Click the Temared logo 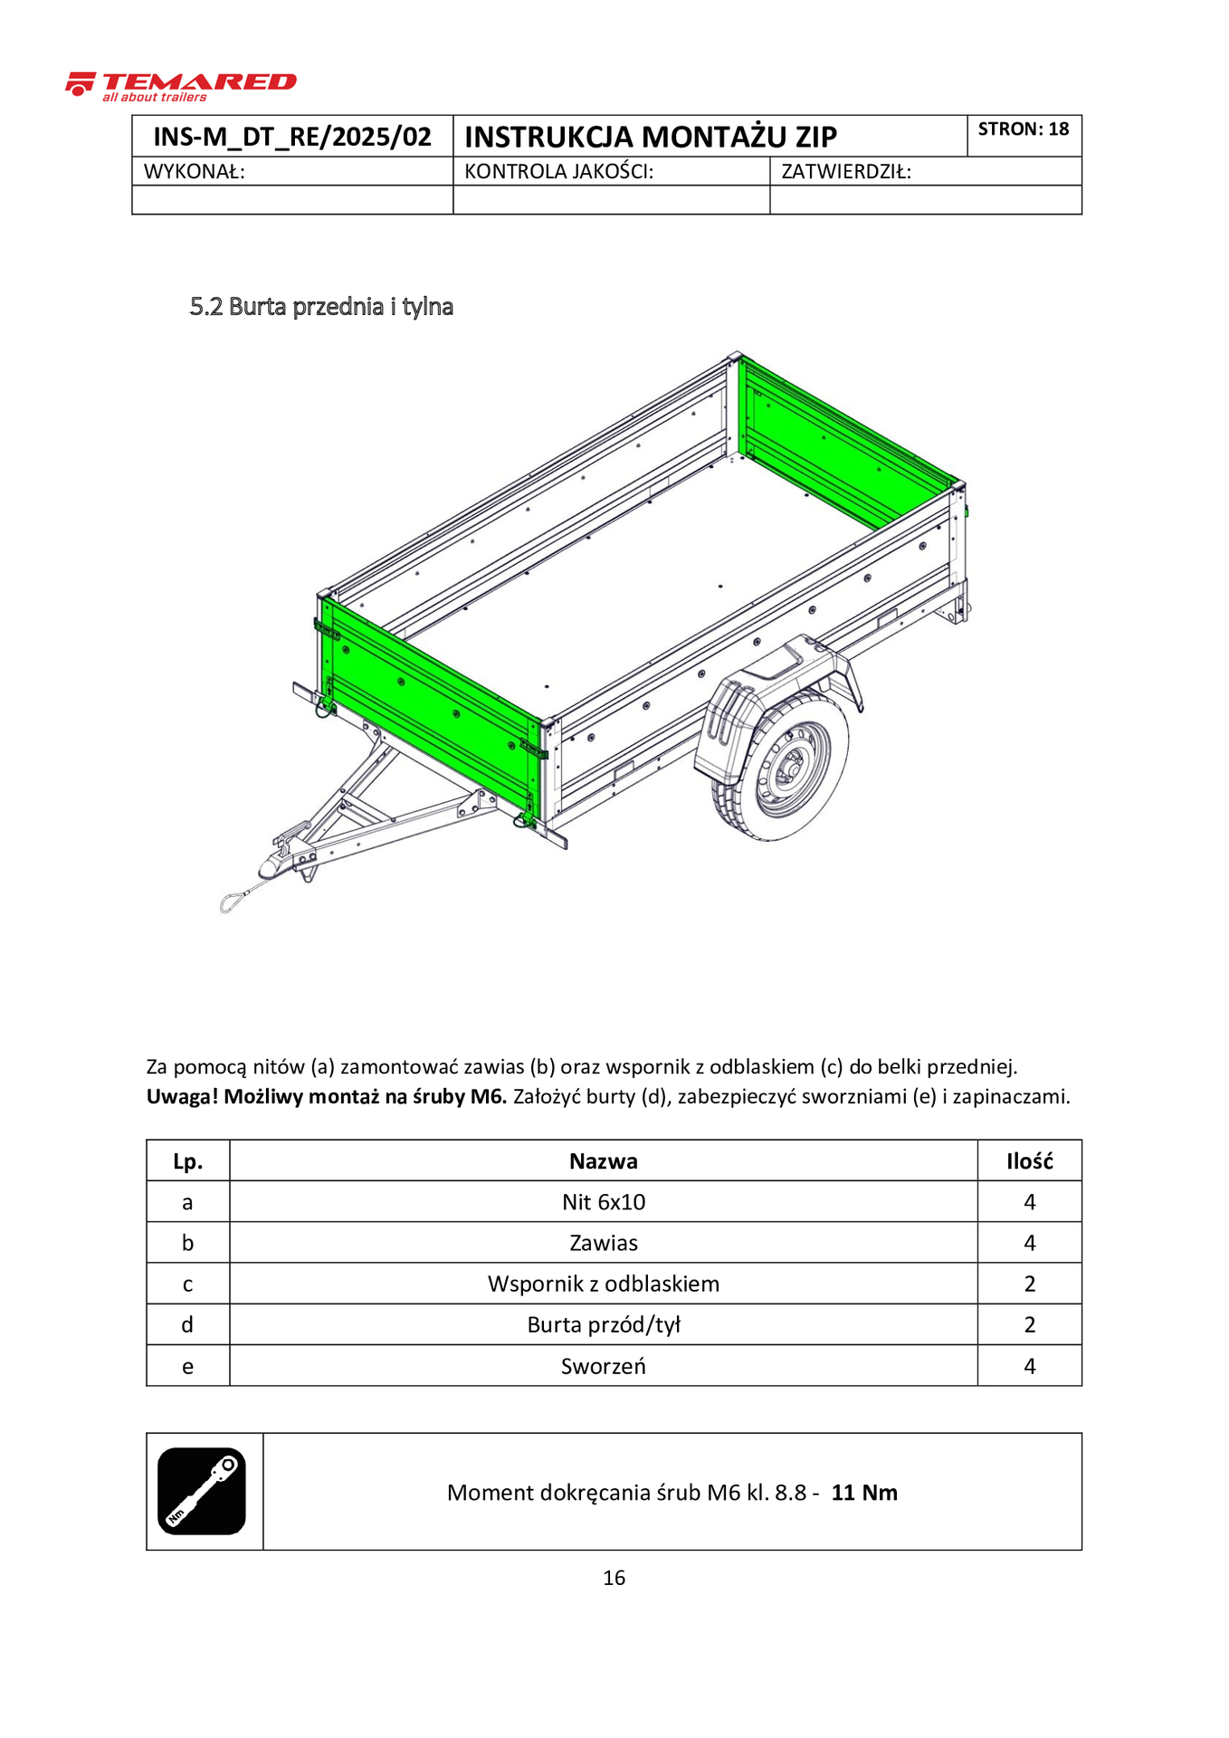pyautogui.click(x=181, y=85)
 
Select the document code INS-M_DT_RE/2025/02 pyautogui.click(x=292, y=137)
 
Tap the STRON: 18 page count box pyautogui.click(x=1024, y=129)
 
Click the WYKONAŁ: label pyautogui.click(x=195, y=172)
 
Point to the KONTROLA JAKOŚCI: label pyautogui.click(x=558, y=172)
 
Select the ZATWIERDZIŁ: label pyautogui.click(x=846, y=172)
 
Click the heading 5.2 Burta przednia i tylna pyautogui.click(x=321, y=307)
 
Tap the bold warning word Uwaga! pyautogui.click(x=182, y=1097)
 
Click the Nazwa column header pyautogui.click(x=604, y=1161)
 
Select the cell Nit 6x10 pyautogui.click(x=604, y=1202)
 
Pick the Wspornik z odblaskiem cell pyautogui.click(x=604, y=1284)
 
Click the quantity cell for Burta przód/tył pyautogui.click(x=1029, y=1325)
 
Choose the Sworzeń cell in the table pyautogui.click(x=604, y=1366)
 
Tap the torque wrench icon pyautogui.click(x=202, y=1491)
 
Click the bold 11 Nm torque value pyautogui.click(x=864, y=1493)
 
